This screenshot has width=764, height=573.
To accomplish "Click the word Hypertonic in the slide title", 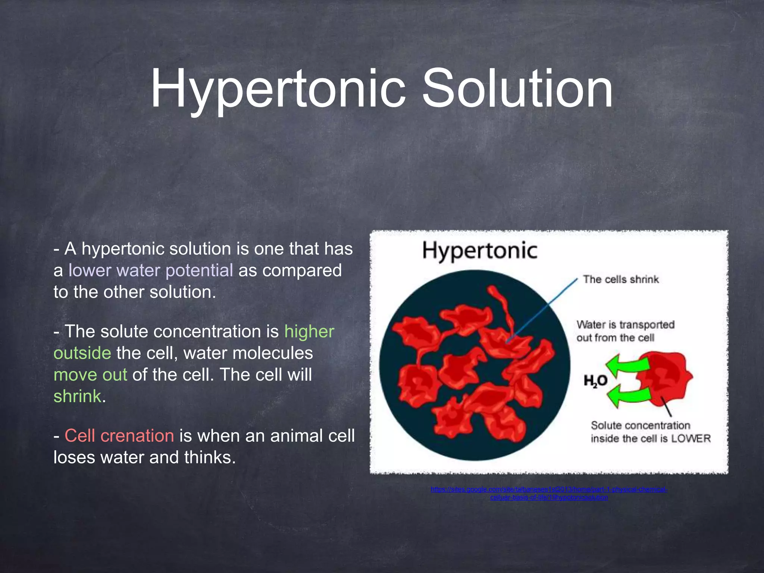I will tap(278, 90).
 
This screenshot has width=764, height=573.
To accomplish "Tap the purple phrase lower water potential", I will tap(151, 270).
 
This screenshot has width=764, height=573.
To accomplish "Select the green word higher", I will tap(309, 332).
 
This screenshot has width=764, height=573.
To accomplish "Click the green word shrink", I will tap(77, 397).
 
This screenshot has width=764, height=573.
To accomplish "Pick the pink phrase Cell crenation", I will tap(119, 436).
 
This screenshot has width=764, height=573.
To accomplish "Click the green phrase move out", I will tap(90, 375).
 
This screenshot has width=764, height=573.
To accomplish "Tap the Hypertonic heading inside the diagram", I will tap(480, 251).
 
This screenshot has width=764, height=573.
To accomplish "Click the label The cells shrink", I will tap(621, 279).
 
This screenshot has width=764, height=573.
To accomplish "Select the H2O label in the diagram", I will tap(595, 381).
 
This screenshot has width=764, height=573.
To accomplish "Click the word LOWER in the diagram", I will tap(691, 439).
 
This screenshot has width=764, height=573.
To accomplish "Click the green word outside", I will tap(82, 353).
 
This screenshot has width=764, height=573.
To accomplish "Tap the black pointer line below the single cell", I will tap(667, 407).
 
